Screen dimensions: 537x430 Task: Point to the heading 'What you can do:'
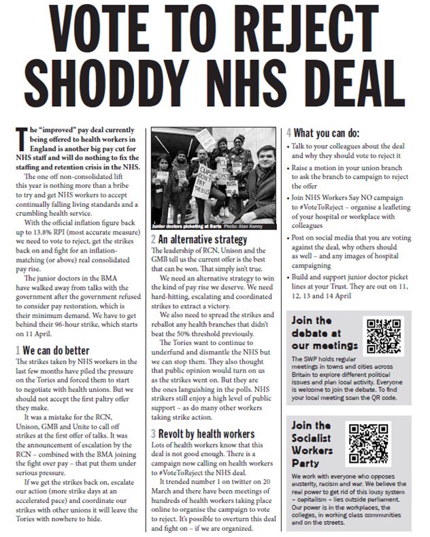tap(336, 133)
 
